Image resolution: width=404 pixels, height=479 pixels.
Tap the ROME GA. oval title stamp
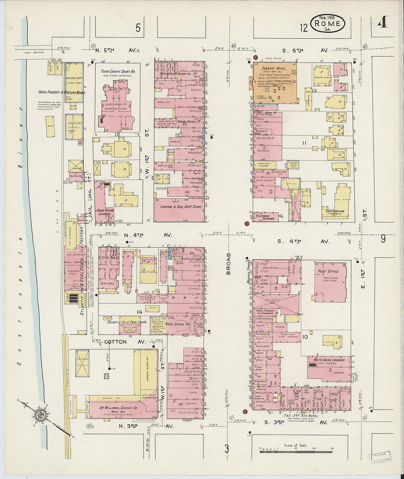coord(328,24)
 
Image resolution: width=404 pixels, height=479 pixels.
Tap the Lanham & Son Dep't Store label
coord(179,207)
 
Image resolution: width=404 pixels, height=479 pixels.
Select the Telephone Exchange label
coord(265,217)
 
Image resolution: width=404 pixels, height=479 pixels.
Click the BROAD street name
coord(228,264)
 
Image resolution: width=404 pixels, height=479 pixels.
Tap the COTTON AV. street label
coord(115,342)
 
